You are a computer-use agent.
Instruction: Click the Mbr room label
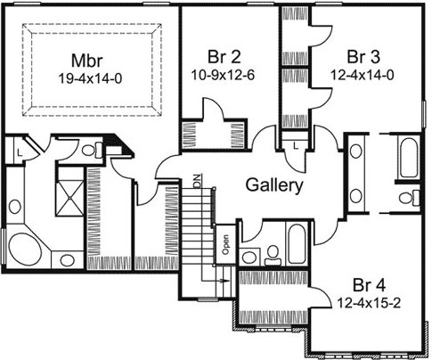click(87, 61)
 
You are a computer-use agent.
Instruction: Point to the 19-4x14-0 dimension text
click(90, 78)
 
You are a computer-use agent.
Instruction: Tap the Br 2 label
click(224, 56)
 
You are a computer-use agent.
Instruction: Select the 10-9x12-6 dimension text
click(223, 75)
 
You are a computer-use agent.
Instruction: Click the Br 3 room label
click(363, 56)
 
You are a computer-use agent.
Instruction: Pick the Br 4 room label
click(369, 285)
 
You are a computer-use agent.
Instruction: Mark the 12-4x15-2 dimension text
click(369, 303)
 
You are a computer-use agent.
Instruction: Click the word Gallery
click(274, 185)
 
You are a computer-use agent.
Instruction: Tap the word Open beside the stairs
click(225, 244)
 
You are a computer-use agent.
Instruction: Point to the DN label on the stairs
click(197, 181)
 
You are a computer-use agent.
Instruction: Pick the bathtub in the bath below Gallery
click(297, 244)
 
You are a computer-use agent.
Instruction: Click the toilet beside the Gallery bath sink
click(273, 256)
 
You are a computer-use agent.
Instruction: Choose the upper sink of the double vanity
click(355, 151)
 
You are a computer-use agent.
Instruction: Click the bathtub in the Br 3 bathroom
click(409, 159)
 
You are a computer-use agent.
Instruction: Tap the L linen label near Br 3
click(296, 145)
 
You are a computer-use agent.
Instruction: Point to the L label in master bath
click(19, 153)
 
